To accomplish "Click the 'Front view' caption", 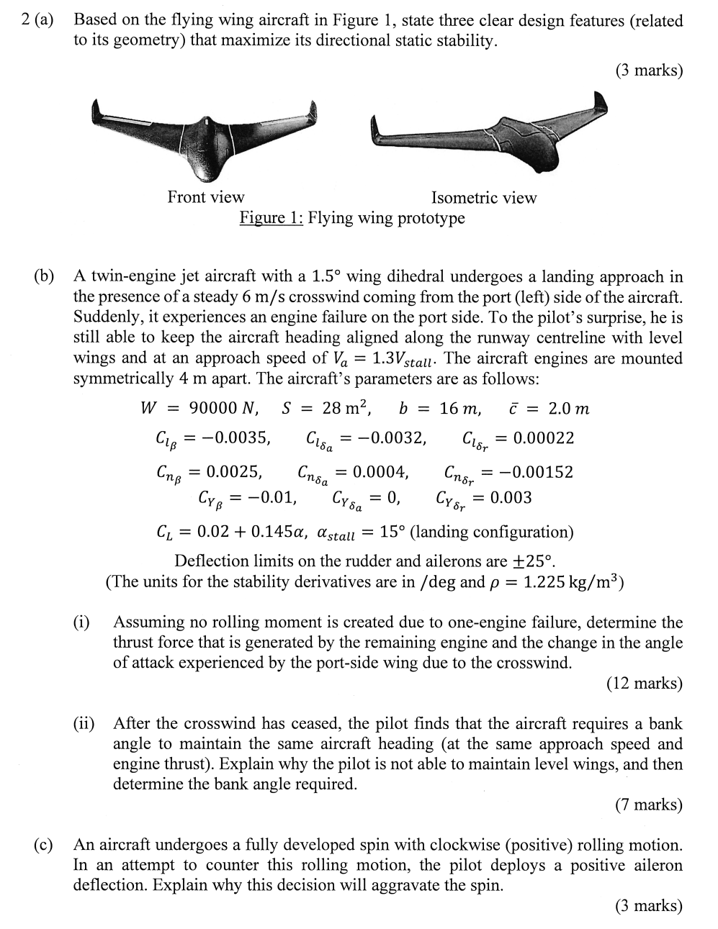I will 206,197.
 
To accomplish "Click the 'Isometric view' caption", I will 484,198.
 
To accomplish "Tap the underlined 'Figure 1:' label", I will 272,217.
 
